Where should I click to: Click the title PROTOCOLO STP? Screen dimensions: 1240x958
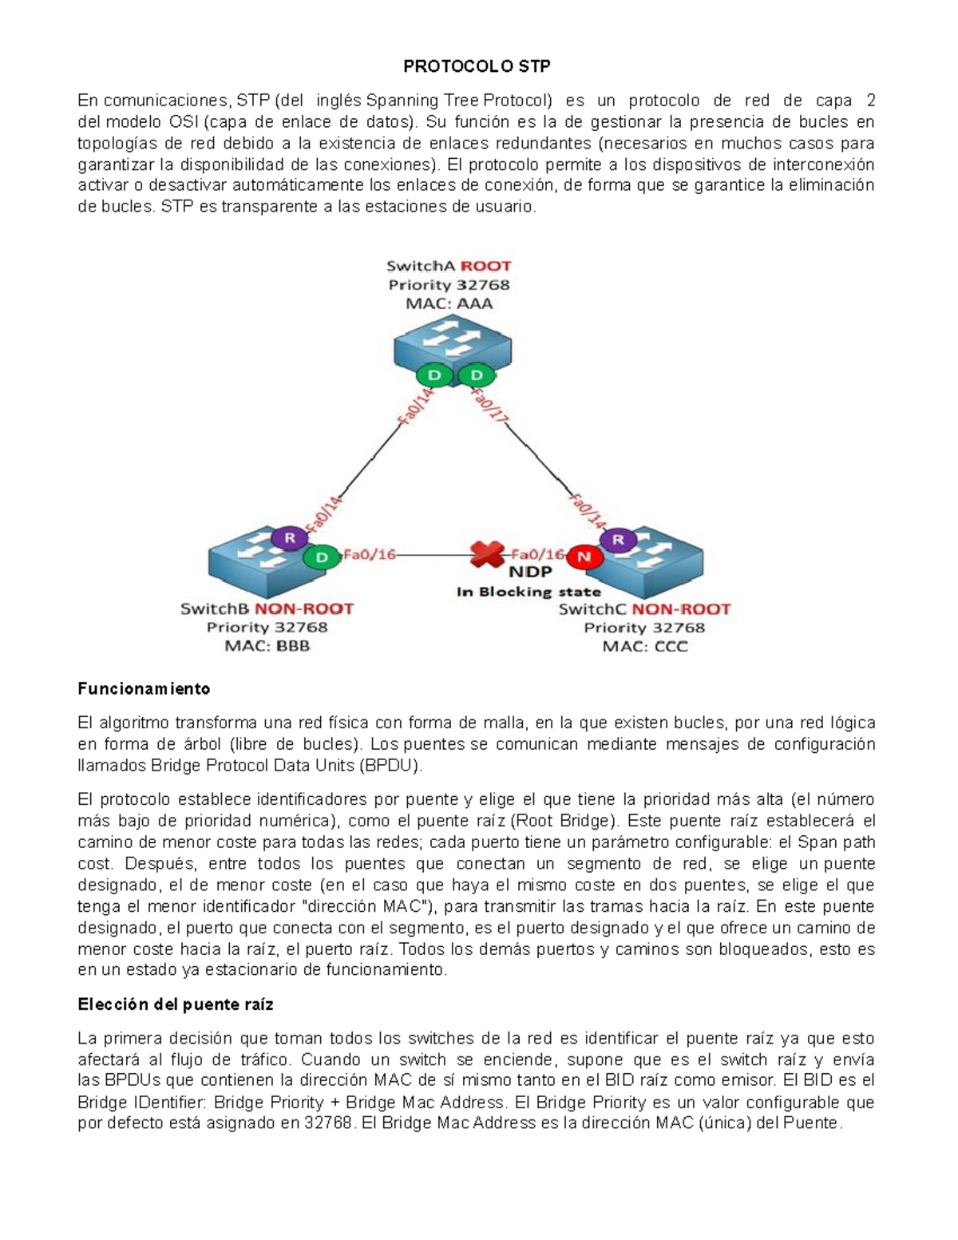point(477,66)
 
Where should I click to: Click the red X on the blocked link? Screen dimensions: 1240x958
point(487,553)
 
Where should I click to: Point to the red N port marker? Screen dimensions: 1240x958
point(584,557)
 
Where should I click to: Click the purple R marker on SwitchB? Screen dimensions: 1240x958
point(290,538)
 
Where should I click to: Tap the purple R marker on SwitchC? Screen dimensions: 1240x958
point(618,540)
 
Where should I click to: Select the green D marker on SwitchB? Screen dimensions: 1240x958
point(322,557)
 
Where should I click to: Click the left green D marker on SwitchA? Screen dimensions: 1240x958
point(434,375)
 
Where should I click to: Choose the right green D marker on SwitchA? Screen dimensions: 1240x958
point(477,375)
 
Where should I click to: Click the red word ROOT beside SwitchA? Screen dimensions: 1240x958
point(485,266)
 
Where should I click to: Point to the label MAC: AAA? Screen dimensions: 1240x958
point(449,303)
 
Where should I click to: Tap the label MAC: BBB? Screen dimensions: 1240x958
point(267,646)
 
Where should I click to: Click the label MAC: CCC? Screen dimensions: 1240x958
point(644,646)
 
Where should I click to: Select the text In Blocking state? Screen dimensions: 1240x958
point(528,592)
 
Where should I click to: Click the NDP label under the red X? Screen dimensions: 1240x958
point(530,572)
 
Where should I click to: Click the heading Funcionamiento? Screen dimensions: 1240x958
point(144,688)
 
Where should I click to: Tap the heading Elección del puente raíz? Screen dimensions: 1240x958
point(176,1004)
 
